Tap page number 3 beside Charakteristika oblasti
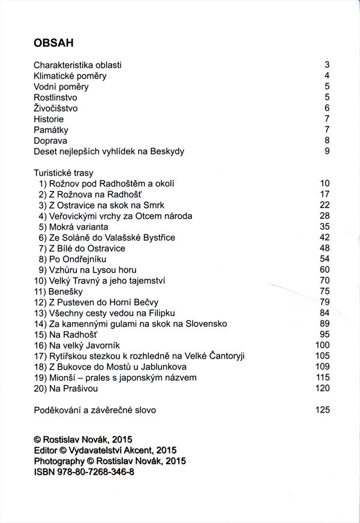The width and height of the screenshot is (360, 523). click(x=327, y=65)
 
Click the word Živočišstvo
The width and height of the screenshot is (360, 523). click(x=56, y=108)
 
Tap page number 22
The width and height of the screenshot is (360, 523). click(x=325, y=205)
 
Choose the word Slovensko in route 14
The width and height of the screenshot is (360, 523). click(x=206, y=323)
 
